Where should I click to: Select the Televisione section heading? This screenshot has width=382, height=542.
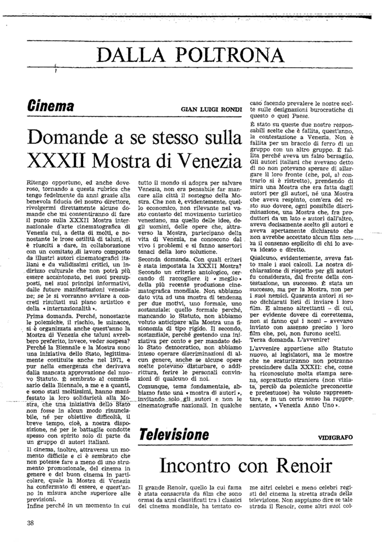[x=174, y=434]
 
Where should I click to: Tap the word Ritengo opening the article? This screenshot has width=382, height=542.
[x=38, y=179]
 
